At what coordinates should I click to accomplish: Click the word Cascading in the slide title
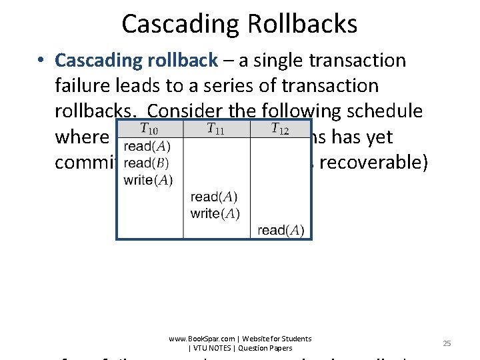click(177, 25)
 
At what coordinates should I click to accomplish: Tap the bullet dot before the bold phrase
click(42, 61)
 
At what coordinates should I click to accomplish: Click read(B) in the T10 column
click(147, 163)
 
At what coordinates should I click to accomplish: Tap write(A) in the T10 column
click(148, 180)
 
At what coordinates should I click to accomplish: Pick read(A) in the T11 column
click(213, 197)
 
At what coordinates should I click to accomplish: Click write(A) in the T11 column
click(215, 213)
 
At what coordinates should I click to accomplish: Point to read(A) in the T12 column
click(280, 231)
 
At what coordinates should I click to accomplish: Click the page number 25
click(447, 343)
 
